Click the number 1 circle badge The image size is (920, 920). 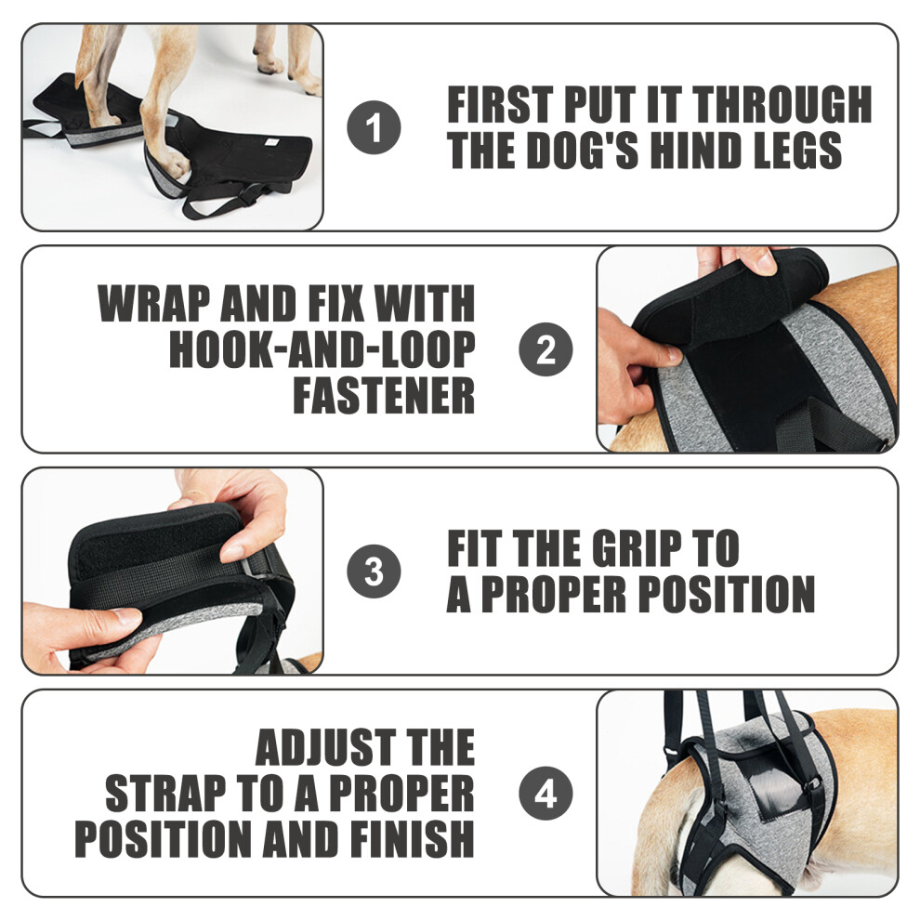tap(374, 127)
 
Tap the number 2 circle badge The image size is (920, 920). tap(545, 349)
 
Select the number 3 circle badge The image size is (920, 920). tap(374, 571)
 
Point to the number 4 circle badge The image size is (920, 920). tap(545, 793)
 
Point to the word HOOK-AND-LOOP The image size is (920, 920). tap(322, 349)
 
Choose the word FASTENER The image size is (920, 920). tap(384, 395)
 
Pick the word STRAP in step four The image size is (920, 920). tap(165, 793)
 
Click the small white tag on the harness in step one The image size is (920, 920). tap(270, 142)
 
